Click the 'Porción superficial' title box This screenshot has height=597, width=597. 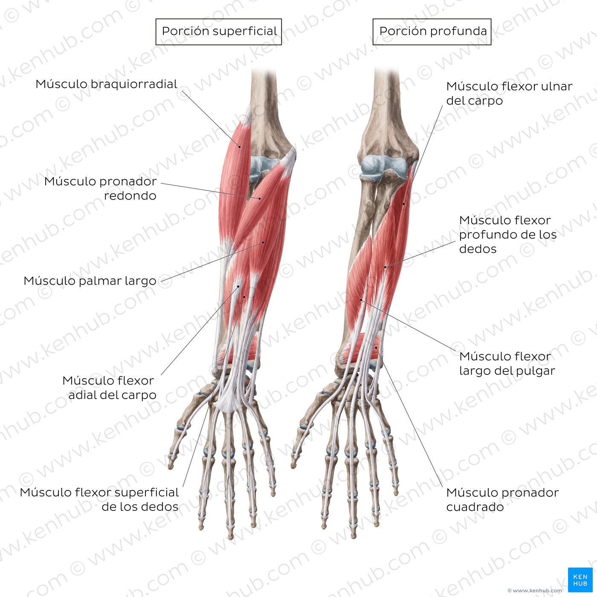click(x=218, y=32)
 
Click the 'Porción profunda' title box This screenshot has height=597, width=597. click(x=432, y=32)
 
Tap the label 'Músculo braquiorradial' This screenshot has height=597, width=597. click(x=106, y=84)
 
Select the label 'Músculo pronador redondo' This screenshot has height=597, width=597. click(x=100, y=188)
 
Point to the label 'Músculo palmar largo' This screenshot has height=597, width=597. click(x=90, y=281)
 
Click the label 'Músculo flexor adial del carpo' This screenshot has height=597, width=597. click(x=109, y=388)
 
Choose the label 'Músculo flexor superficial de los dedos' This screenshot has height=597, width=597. click(x=99, y=499)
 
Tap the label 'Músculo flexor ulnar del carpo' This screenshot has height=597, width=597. click(x=509, y=93)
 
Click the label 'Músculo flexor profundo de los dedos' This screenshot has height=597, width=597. click(x=508, y=235)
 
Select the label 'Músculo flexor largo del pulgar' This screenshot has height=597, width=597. click(x=507, y=363)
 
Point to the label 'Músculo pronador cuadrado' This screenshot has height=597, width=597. click(x=502, y=499)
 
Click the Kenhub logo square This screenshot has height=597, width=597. click(x=580, y=580)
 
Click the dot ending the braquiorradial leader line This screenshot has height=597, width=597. click(x=239, y=147)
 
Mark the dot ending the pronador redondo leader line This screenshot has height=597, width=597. click(x=260, y=198)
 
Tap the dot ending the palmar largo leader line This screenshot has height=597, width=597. click(x=263, y=242)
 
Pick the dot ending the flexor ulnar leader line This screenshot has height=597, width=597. click(x=404, y=204)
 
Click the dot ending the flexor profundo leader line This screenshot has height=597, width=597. click(x=385, y=267)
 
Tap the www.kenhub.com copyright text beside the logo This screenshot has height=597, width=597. click(x=535, y=590)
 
